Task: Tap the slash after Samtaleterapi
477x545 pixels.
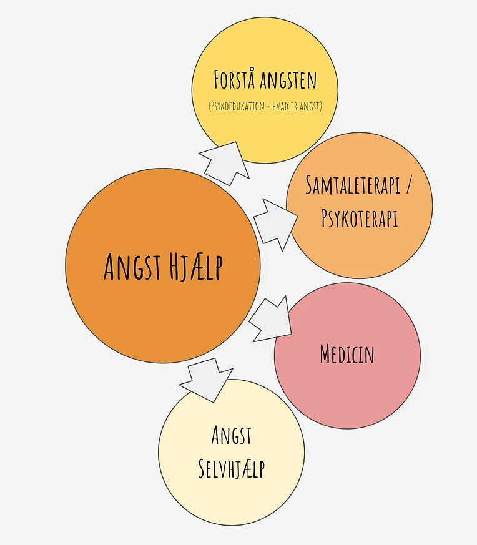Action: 408,185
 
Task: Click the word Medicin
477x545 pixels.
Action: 347,355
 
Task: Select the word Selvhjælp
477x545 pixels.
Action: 232,468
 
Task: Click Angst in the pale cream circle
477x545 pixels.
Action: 232,436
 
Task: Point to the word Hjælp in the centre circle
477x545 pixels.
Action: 195,267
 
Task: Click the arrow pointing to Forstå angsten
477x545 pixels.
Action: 224,162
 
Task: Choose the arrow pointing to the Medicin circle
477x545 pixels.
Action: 270,319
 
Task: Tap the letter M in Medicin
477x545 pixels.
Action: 325,355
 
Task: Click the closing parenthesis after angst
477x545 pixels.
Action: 320,107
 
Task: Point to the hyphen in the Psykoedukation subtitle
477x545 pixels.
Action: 268,107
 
